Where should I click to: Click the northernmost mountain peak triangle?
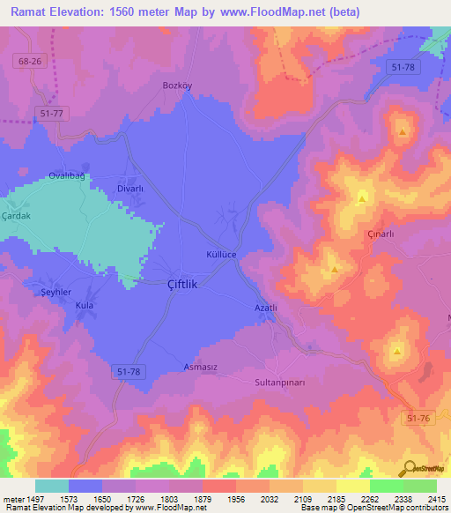[x=403, y=133]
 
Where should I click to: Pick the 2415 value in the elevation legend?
[x=437, y=499]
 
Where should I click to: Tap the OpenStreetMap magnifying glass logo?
[x=410, y=467]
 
